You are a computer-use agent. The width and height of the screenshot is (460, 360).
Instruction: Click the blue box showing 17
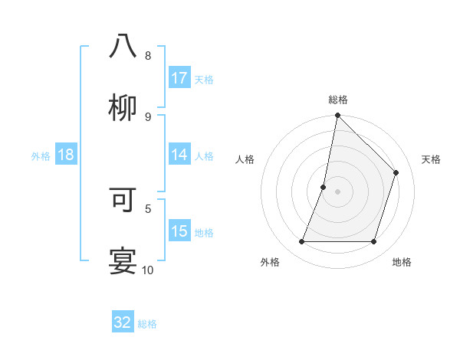point(179,78)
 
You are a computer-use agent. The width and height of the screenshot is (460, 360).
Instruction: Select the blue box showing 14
point(179,155)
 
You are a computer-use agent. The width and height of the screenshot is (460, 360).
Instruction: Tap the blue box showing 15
point(179,231)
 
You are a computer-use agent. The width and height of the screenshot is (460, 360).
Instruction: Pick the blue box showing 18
point(66,155)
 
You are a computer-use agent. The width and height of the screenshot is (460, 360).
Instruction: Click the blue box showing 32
point(123,322)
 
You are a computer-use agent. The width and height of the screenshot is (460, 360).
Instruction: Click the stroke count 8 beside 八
point(148,56)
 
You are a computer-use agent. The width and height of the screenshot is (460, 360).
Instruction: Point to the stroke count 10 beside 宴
point(148,270)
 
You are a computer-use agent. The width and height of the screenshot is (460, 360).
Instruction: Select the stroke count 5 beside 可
point(148,208)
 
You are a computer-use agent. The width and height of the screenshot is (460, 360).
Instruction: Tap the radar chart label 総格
point(337,100)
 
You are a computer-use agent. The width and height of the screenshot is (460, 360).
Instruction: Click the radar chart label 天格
point(431,159)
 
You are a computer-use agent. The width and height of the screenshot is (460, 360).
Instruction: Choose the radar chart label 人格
point(245,159)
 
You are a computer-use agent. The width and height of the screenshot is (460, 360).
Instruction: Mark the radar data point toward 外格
point(301,242)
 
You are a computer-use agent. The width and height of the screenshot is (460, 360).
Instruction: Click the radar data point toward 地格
point(374,242)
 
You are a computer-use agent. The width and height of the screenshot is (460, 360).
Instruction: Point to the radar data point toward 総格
point(337,116)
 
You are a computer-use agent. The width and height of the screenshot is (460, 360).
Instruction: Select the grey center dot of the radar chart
point(337,191)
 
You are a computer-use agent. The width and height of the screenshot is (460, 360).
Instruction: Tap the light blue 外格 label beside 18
point(41,155)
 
